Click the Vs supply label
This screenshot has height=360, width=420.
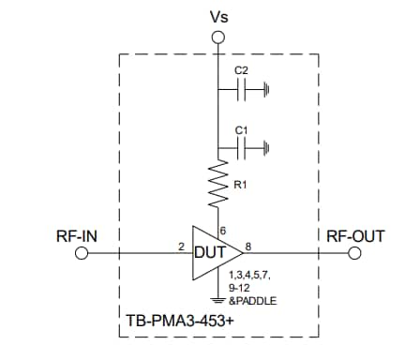click(217, 16)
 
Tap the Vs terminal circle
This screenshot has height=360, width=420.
click(217, 37)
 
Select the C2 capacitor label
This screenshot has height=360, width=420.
click(240, 70)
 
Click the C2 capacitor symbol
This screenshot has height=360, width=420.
click(245, 90)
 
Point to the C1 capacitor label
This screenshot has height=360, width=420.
click(240, 127)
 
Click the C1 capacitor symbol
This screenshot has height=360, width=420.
click(245, 147)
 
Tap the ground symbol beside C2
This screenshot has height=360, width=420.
click(269, 91)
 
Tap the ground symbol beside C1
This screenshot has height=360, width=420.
click(269, 148)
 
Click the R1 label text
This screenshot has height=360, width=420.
click(241, 186)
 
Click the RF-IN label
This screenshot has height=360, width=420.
click(79, 235)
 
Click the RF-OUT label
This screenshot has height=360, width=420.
click(355, 235)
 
